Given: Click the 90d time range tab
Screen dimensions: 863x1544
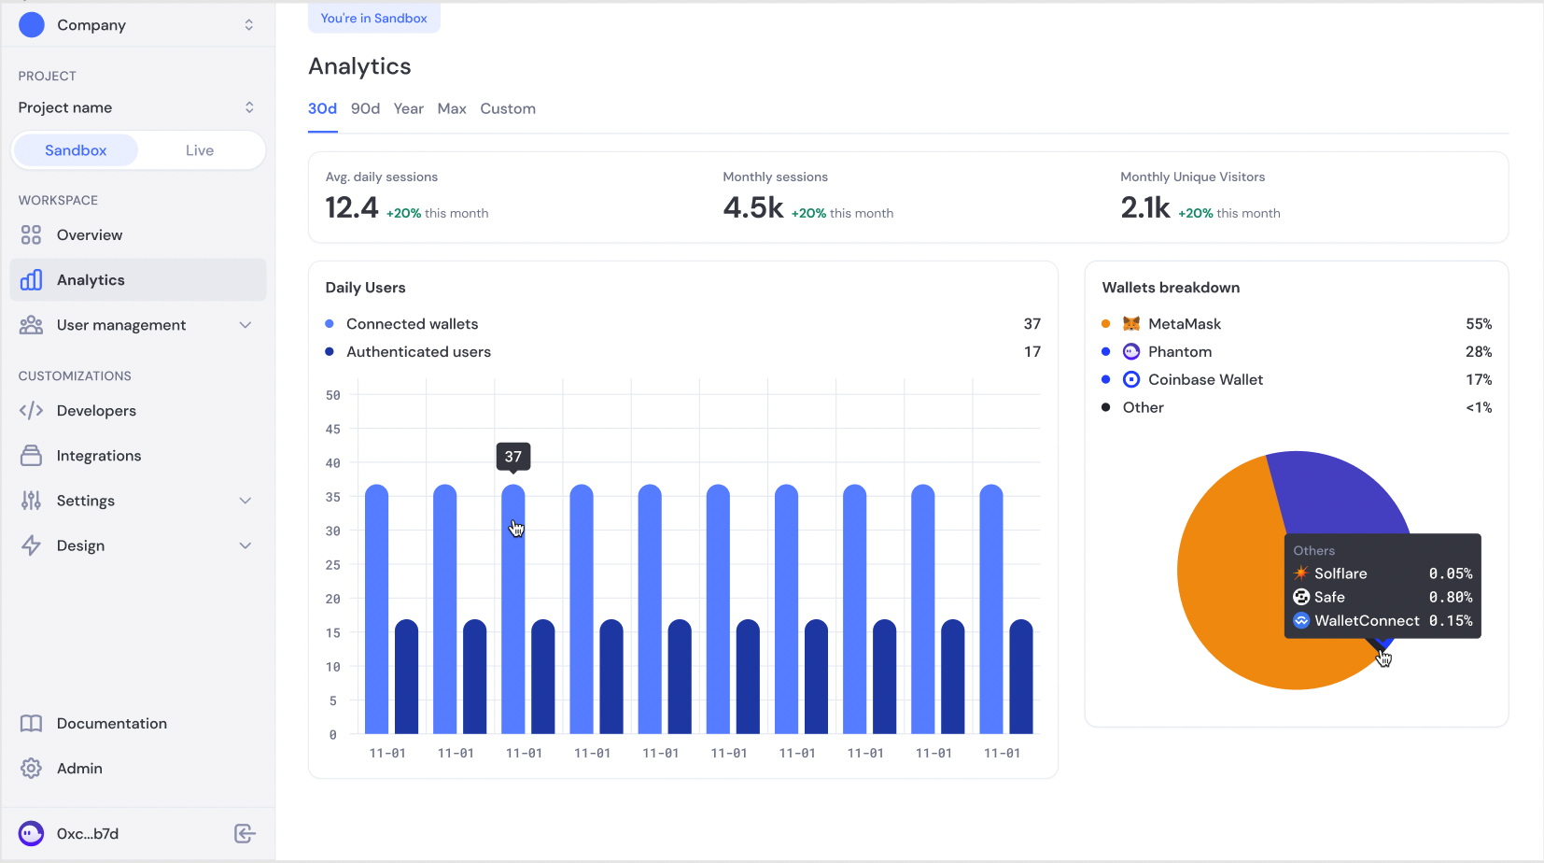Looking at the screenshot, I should click(365, 108).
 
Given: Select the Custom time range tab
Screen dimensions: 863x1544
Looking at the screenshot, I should click(508, 108).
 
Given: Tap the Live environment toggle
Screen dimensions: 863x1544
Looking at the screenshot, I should click(200, 150).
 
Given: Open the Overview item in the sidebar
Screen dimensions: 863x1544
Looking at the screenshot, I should click(90, 235).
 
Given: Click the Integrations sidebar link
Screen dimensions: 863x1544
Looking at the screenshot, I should click(99, 456).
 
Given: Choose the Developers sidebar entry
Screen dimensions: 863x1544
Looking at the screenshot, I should click(96, 411).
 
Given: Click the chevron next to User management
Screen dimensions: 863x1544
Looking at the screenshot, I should click(246, 325).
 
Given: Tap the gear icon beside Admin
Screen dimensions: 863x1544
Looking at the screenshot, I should click(31, 769).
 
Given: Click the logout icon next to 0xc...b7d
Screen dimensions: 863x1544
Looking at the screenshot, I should click(245, 833).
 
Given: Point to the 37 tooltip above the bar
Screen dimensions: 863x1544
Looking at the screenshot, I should click(513, 457).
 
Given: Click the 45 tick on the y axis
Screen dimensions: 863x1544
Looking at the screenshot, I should click(333, 429).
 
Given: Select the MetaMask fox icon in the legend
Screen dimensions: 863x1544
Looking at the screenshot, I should click(1131, 324).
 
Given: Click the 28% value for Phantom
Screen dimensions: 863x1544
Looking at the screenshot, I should click(1479, 352).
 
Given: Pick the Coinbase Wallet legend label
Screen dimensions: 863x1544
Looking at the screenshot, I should click(1205, 380).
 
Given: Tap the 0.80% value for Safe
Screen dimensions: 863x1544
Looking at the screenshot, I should click(1451, 598).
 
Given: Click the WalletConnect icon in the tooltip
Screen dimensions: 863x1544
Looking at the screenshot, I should click(1301, 621).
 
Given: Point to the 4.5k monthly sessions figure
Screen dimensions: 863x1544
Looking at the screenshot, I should click(753, 208).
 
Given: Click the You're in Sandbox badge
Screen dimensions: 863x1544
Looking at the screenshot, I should click(373, 19).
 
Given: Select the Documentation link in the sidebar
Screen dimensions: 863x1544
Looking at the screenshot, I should click(112, 724).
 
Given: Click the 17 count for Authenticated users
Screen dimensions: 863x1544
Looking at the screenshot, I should click(1032, 352).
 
